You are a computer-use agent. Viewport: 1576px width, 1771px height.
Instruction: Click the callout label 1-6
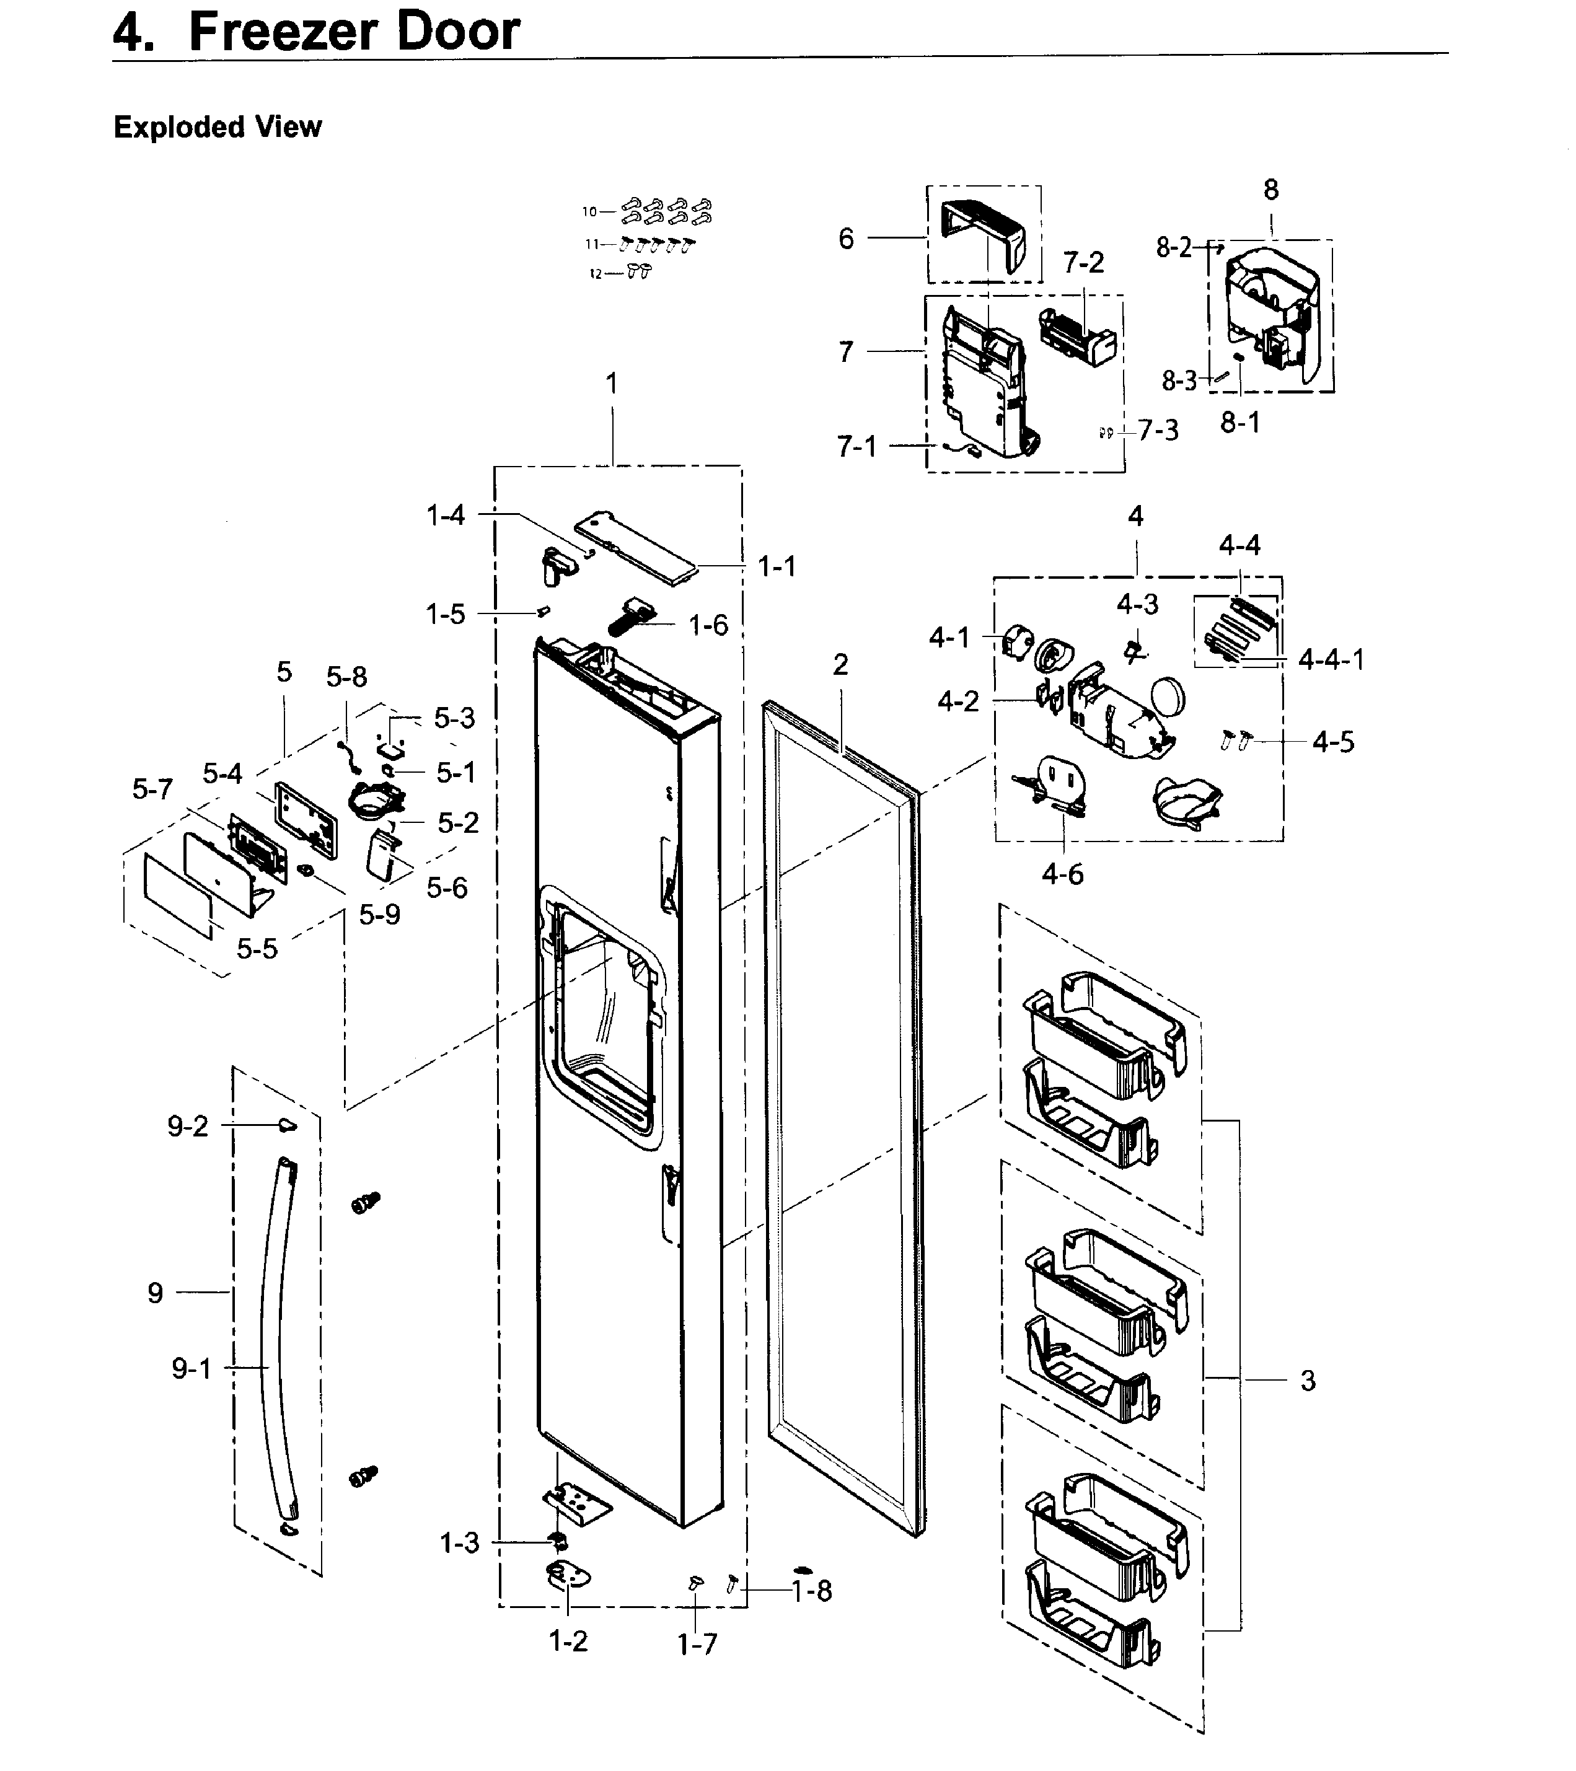[x=708, y=626]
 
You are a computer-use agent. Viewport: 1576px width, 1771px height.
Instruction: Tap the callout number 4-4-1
[x=1331, y=660]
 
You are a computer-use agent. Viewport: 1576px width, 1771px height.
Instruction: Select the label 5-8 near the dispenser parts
[x=346, y=677]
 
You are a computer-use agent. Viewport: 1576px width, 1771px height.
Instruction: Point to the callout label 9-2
[x=188, y=1127]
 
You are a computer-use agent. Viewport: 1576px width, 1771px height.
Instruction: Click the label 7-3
[x=1158, y=431]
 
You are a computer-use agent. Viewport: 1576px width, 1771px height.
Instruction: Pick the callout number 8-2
[x=1174, y=248]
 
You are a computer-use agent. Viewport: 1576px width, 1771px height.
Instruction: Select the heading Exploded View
[x=218, y=128]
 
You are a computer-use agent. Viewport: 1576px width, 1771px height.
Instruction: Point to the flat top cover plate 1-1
[x=637, y=549]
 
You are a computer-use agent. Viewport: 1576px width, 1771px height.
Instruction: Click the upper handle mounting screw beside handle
[x=366, y=1203]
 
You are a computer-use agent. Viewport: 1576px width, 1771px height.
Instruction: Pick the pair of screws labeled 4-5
[x=1236, y=740]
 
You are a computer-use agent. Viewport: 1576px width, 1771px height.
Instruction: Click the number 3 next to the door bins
[x=1308, y=1380]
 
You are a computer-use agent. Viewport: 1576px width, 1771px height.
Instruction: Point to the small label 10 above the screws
[x=590, y=211]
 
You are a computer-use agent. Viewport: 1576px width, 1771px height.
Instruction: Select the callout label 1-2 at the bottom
[x=568, y=1641]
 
